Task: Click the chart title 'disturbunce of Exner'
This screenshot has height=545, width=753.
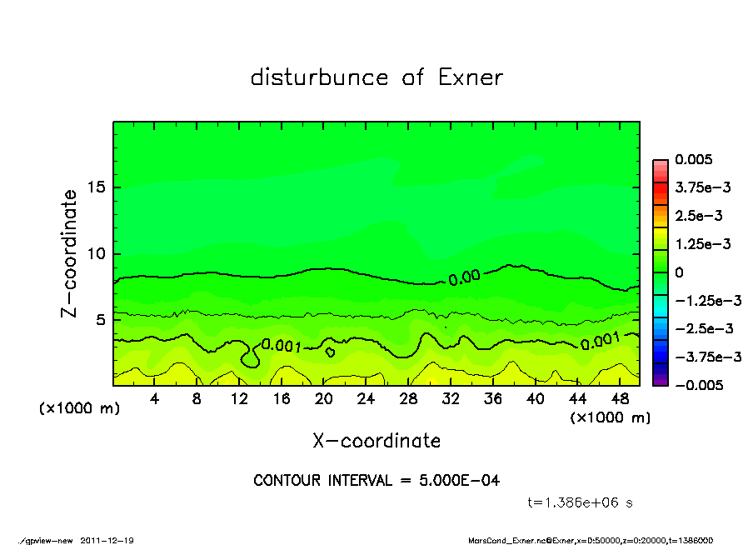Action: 376,77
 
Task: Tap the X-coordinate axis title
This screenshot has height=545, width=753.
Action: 376,440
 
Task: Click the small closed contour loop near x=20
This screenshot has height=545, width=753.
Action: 331,352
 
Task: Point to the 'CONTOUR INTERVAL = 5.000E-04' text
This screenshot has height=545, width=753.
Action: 376,480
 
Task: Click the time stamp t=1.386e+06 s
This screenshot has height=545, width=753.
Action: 582,502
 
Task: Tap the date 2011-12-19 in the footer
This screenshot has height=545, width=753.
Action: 107,540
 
